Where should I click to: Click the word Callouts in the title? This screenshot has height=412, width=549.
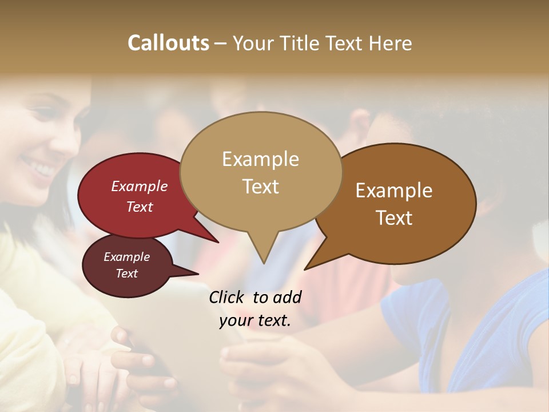pyautogui.click(x=168, y=43)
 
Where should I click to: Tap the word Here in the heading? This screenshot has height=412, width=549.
pyautogui.click(x=390, y=43)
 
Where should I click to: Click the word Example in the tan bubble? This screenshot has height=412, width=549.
pyautogui.click(x=260, y=159)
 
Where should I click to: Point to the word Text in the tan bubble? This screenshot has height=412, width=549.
pyautogui.click(x=260, y=187)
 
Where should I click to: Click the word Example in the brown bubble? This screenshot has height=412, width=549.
pyautogui.click(x=394, y=191)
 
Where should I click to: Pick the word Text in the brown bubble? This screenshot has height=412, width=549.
pyautogui.click(x=394, y=218)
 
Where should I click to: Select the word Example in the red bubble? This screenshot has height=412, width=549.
pyautogui.click(x=139, y=187)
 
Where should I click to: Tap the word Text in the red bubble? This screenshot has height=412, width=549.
pyautogui.click(x=139, y=207)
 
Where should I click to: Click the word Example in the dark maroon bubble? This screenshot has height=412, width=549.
pyautogui.click(x=126, y=257)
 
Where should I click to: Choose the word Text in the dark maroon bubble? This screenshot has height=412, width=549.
pyautogui.click(x=126, y=274)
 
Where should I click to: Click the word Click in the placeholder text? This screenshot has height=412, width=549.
pyautogui.click(x=228, y=297)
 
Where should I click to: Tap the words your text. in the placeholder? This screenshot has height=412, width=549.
pyautogui.click(x=254, y=321)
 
